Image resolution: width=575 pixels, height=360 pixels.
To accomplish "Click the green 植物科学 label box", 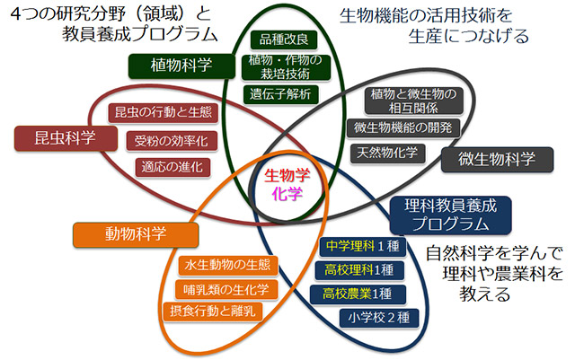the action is (x=181, y=66).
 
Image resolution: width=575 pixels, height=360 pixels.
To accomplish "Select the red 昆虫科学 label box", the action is (x=66, y=138).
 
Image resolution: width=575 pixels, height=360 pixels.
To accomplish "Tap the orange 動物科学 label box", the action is (x=136, y=234).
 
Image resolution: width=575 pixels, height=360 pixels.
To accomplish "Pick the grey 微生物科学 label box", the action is (x=497, y=160).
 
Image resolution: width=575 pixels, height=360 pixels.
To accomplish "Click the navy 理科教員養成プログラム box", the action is (x=451, y=215).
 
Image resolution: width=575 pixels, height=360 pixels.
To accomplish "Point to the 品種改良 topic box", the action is (x=284, y=40).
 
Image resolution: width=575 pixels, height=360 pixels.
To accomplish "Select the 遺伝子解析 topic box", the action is (x=281, y=94).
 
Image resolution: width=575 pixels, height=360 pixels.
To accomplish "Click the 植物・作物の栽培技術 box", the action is (x=286, y=67).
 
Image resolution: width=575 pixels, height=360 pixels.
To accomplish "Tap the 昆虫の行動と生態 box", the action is (x=164, y=112).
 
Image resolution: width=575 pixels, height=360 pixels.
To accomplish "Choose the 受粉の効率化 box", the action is (x=172, y=141).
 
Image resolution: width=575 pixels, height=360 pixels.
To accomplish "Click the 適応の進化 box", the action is (x=172, y=168).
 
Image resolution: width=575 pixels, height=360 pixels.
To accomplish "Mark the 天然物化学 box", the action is (x=387, y=154).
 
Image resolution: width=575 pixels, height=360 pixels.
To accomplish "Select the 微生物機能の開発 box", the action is (x=403, y=128).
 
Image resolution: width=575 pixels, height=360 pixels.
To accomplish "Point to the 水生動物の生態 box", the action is (x=228, y=266).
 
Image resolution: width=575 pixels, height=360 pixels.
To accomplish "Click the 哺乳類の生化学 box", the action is (x=226, y=290).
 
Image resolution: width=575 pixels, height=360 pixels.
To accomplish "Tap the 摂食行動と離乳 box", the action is (x=213, y=312).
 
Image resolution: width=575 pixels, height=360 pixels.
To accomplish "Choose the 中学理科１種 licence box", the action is (x=363, y=246).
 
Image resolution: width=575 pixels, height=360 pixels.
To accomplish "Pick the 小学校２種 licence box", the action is (x=379, y=318).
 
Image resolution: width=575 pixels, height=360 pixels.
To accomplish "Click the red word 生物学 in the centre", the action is (x=287, y=175).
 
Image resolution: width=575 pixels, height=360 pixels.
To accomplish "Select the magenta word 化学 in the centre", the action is (x=287, y=194).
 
